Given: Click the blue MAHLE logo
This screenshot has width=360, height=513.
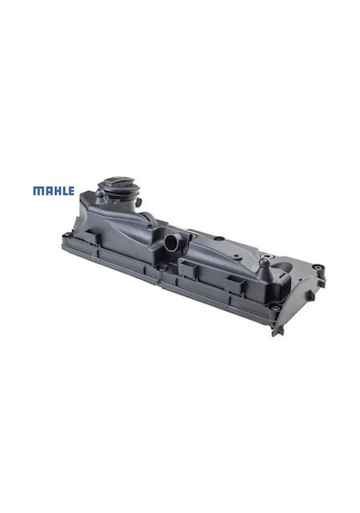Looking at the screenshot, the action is (x=53, y=191).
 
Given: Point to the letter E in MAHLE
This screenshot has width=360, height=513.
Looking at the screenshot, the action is (x=71, y=191).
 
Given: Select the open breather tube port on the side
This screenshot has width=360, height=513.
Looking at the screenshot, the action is (x=172, y=242).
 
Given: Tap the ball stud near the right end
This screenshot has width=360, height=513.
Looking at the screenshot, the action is (x=264, y=263).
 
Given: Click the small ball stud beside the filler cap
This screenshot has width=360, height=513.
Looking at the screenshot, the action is (x=100, y=193).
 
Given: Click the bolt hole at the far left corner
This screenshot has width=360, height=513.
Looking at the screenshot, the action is (x=67, y=234).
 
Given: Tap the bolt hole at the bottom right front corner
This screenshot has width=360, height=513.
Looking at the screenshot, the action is (x=274, y=307).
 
